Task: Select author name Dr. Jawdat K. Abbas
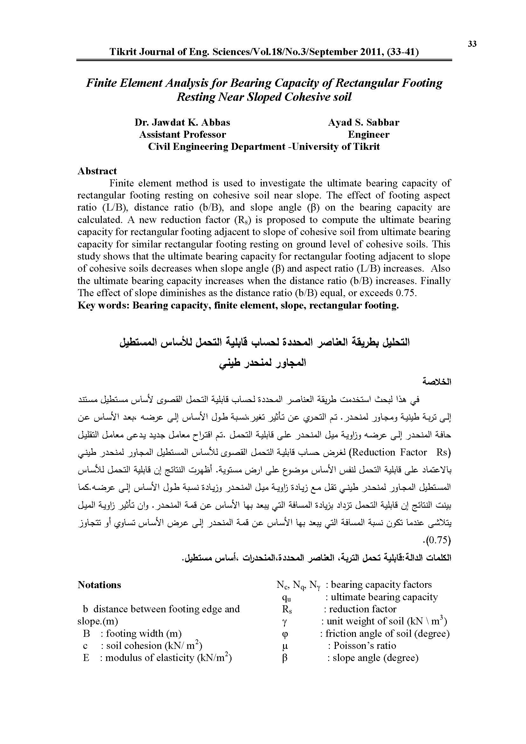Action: click(x=182, y=122)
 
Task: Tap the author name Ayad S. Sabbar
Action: click(x=363, y=122)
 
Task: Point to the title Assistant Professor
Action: click(x=182, y=135)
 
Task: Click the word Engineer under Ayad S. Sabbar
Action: click(x=369, y=135)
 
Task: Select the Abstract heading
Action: click(x=97, y=171)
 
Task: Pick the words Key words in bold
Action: click(x=103, y=305)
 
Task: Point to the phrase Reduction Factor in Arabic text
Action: click(x=389, y=452)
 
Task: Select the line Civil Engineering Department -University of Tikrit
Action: click(x=264, y=147)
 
